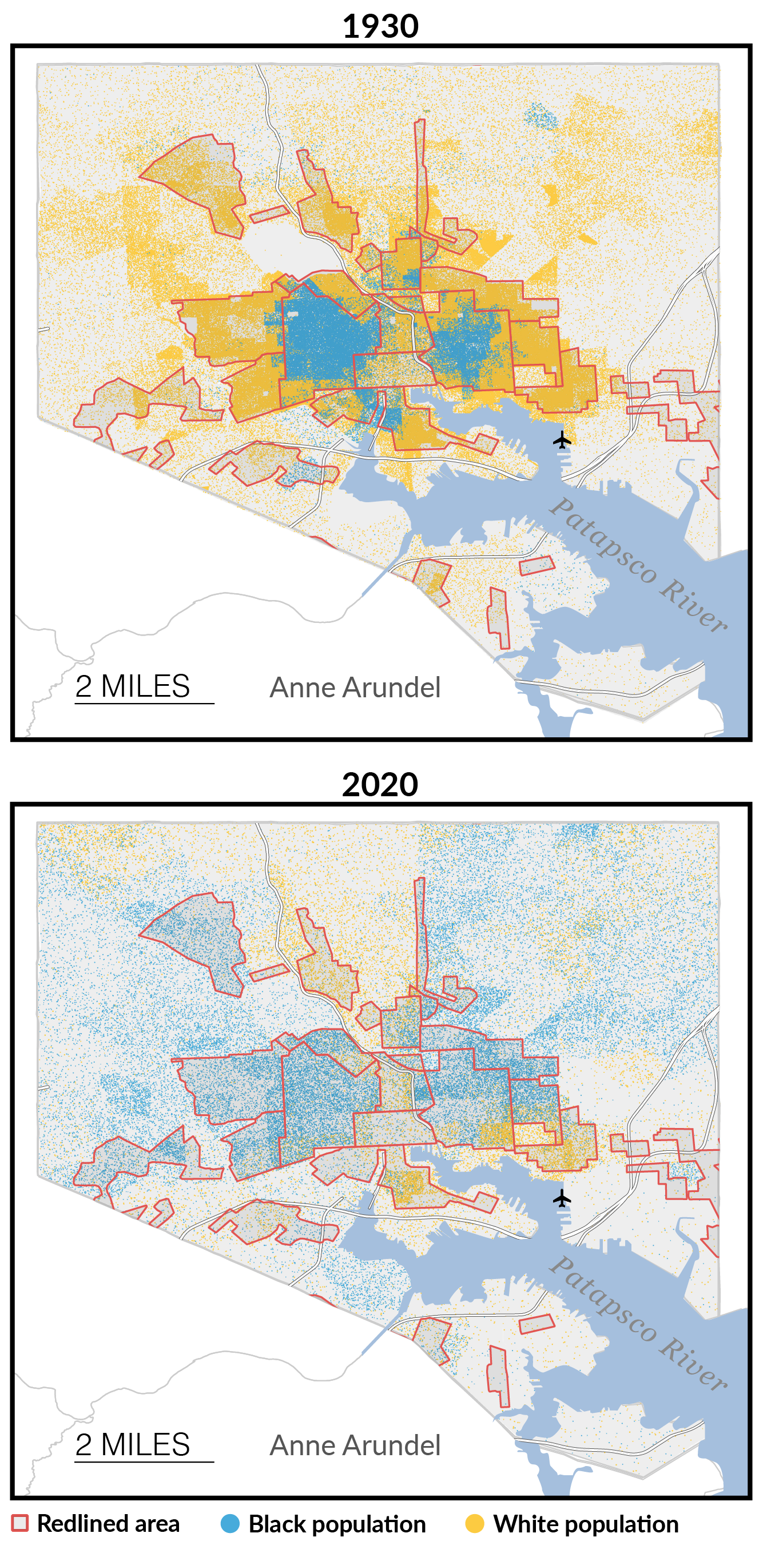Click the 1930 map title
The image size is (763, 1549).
[x=380, y=26]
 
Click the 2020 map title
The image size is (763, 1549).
[x=380, y=785]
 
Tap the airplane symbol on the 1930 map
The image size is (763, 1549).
[x=562, y=440]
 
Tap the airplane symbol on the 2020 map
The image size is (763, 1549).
[x=562, y=1198]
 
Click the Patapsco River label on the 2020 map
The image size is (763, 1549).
[x=637, y=1322]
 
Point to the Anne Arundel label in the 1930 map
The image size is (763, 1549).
[x=355, y=688]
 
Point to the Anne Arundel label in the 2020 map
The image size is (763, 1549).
[x=355, y=1445]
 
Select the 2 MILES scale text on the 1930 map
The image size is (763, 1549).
[x=133, y=686]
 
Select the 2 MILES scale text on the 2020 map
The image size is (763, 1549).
[x=133, y=1444]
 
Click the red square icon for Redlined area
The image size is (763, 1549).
[x=20, y=1523]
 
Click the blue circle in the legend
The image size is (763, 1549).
[x=231, y=1524]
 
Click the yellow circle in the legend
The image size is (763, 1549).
[x=474, y=1524]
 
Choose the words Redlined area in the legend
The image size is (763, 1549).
[x=108, y=1524]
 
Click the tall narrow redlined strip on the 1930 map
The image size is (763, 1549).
[x=420, y=174]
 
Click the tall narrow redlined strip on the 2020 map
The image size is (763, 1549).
[x=420, y=932]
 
